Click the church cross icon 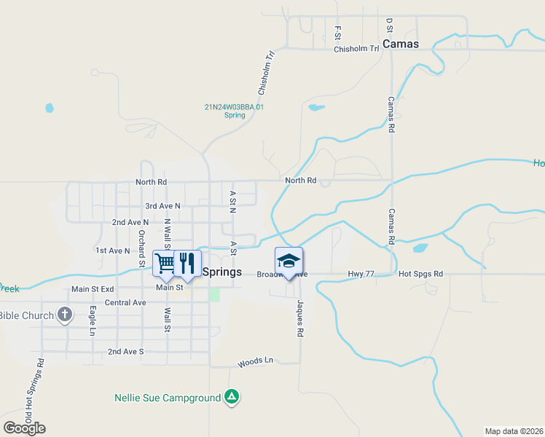pyautogui.click(x=65, y=315)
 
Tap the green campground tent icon pyautogui.click(x=231, y=397)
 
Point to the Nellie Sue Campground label pyautogui.click(x=168, y=398)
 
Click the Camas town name pyautogui.click(x=401, y=44)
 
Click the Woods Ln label pyautogui.click(x=255, y=361)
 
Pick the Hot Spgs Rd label pyautogui.click(x=420, y=274)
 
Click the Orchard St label pyautogui.click(x=141, y=248)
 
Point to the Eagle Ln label pyautogui.click(x=93, y=320)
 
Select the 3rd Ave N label pyautogui.click(x=162, y=206)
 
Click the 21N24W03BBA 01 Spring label pyautogui.click(x=234, y=111)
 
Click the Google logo pyautogui.click(x=25, y=428)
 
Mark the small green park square pyautogui.click(x=214, y=294)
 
